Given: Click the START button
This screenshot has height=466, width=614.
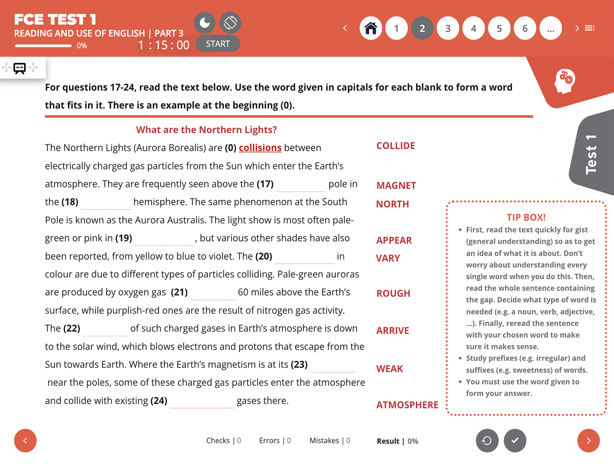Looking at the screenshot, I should (218, 44).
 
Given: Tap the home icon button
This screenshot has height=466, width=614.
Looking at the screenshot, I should (371, 28).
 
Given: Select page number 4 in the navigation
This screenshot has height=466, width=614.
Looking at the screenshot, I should (474, 28).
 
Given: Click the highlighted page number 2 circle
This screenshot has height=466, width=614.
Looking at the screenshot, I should (422, 28).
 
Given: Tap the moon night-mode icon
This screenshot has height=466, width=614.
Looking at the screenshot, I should (205, 23).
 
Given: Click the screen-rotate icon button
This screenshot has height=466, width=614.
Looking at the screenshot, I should (230, 23).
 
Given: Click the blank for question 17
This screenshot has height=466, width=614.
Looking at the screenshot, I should (301, 186).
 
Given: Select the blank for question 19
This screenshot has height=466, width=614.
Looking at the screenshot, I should (165, 240).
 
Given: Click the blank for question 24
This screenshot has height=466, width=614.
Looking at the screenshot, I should (202, 402).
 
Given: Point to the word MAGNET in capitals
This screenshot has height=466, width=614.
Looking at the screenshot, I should (396, 186).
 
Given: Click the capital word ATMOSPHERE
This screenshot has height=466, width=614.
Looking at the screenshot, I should (407, 405).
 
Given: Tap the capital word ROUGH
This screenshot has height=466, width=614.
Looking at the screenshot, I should (393, 294).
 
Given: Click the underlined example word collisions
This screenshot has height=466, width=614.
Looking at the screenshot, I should (260, 148).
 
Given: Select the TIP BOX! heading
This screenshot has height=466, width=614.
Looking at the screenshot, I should (526, 217).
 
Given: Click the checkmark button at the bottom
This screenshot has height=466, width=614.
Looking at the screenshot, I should (515, 440).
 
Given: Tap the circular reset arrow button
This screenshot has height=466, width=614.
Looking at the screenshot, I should (487, 440).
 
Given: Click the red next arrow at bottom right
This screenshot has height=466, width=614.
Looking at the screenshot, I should (588, 440).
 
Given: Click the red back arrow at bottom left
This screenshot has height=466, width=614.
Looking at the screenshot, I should (25, 440).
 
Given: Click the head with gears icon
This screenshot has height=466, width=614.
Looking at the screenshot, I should (564, 81).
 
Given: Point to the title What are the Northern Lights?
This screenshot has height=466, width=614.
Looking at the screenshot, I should (206, 130).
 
